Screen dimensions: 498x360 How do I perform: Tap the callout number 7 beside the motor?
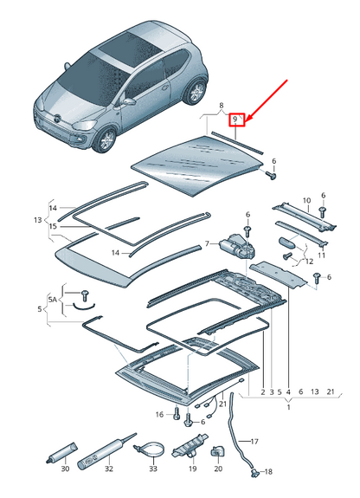(207, 244)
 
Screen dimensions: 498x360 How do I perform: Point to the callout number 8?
(221, 103)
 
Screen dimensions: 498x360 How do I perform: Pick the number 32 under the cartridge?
(108, 470)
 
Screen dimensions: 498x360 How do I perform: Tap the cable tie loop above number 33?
(152, 449)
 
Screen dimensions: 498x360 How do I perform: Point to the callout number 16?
(159, 415)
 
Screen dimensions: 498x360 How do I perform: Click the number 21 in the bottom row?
(330, 391)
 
